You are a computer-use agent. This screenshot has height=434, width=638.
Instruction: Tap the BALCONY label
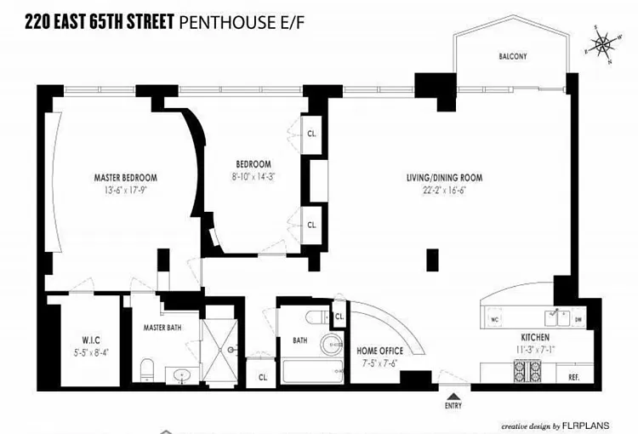coord(513,57)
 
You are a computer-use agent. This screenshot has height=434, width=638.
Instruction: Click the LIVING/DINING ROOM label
coord(444,178)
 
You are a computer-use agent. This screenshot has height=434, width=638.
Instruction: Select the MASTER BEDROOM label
coord(125,178)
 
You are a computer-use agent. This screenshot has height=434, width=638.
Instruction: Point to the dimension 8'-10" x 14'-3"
coord(253,176)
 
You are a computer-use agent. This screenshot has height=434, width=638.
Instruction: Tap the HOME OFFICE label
coord(379,351)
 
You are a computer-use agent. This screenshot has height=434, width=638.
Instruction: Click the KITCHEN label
coord(536,337)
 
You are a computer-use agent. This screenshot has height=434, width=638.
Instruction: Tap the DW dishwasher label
coord(578,320)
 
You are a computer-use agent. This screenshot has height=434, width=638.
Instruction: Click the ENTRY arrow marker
coord(453,395)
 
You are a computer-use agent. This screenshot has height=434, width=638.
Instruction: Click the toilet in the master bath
coord(146,368)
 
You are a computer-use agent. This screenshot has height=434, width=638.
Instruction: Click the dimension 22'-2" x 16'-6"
coord(444,190)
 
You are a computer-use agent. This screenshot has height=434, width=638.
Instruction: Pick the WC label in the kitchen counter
coord(494,320)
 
